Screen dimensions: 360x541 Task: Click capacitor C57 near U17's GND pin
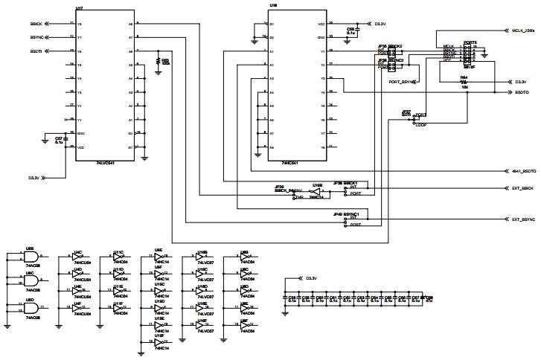point(59,139)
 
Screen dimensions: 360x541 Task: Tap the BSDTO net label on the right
point(522,93)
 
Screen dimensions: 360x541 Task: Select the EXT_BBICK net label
point(523,188)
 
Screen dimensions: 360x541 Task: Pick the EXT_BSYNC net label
point(523,219)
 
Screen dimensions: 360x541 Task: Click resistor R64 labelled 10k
point(464,81)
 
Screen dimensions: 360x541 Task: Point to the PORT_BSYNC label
point(402,81)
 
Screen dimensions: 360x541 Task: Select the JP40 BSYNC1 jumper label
point(347,214)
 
